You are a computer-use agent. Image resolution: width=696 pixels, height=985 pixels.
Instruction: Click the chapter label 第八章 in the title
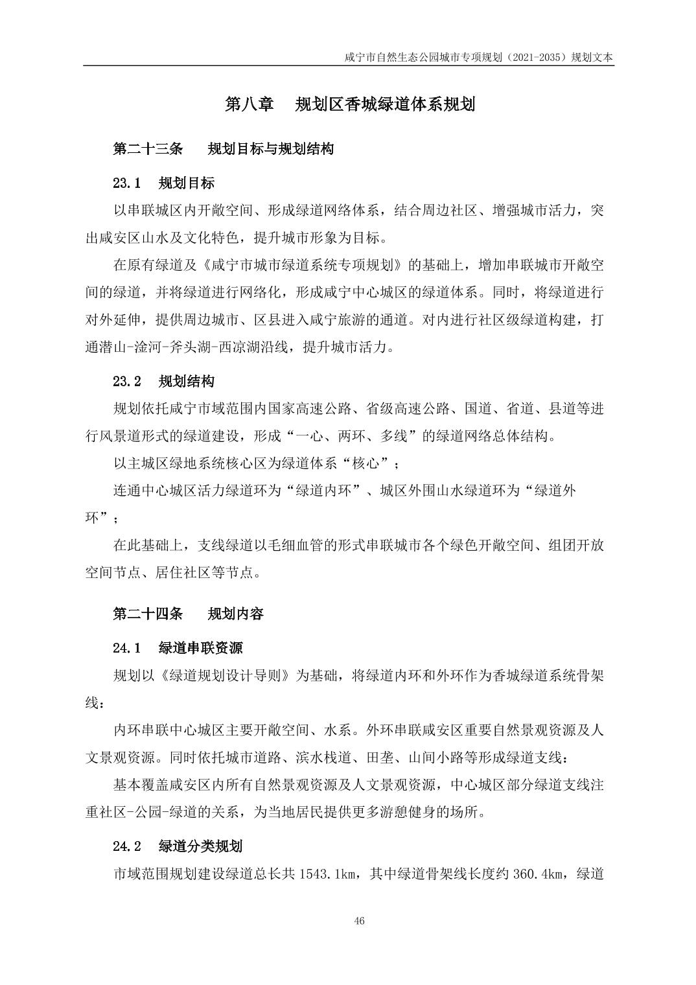click(x=249, y=104)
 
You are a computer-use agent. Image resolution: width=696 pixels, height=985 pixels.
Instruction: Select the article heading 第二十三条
click(x=148, y=149)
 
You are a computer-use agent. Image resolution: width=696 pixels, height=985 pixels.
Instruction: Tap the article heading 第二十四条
click(x=148, y=613)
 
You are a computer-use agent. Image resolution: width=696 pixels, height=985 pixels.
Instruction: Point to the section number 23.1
click(x=127, y=183)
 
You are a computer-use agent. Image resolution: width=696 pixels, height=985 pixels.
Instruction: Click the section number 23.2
click(x=127, y=381)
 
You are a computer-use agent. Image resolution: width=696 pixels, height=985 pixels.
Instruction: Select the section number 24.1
click(x=127, y=647)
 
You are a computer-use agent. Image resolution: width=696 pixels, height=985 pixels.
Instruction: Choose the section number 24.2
click(x=127, y=846)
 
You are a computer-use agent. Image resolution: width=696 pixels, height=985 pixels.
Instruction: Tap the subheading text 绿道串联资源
click(x=200, y=647)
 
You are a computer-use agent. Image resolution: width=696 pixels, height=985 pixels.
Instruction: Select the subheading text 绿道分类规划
click(x=200, y=846)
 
